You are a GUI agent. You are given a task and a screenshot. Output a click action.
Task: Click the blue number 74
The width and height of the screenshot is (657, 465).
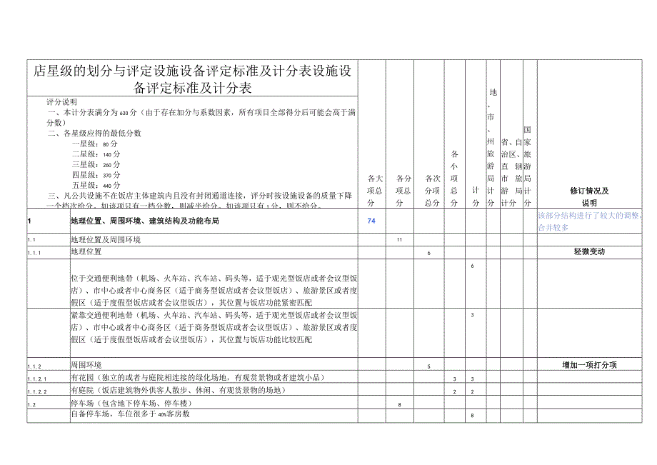pyautogui.click(x=371, y=221)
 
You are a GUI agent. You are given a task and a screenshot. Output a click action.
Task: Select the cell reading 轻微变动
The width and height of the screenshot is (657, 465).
pyautogui.click(x=589, y=252)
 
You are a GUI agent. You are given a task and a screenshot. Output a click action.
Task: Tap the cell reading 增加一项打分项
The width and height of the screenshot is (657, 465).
pyautogui.click(x=589, y=365)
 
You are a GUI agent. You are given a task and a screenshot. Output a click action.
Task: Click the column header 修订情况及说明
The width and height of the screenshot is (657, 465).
pyautogui.click(x=589, y=196)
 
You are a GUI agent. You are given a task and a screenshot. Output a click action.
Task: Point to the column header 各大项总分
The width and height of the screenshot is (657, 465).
pyautogui.click(x=376, y=190)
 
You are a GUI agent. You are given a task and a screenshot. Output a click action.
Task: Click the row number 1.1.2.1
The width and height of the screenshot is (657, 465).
pyautogui.click(x=36, y=379)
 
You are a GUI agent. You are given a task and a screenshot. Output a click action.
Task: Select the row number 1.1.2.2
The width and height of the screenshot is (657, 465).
pyautogui.click(x=36, y=391)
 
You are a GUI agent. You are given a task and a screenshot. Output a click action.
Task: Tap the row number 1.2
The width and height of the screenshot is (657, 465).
pyautogui.click(x=31, y=404)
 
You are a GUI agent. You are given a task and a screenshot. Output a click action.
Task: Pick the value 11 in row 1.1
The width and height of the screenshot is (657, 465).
pyautogui.click(x=400, y=239)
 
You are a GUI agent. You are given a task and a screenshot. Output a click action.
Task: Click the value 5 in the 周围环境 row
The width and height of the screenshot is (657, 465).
pyautogui.click(x=428, y=366)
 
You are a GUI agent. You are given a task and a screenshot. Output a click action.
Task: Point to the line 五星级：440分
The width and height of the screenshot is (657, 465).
pyautogui.click(x=96, y=185)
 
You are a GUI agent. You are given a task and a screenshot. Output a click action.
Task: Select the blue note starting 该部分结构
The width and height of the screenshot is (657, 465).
pyautogui.click(x=589, y=221)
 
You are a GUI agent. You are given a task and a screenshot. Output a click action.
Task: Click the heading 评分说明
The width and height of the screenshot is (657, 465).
pyautogui.click(x=62, y=102)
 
